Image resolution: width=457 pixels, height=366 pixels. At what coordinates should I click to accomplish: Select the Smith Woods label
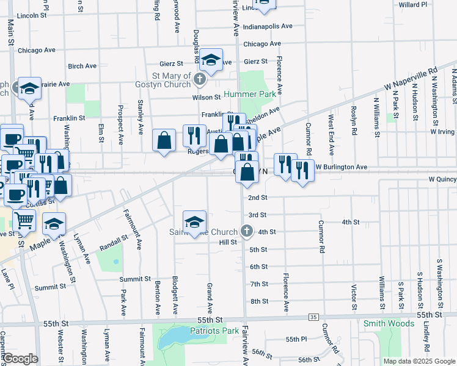coord(389,323)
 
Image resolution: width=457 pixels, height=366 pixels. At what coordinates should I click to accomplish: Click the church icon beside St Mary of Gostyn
coord(199,78)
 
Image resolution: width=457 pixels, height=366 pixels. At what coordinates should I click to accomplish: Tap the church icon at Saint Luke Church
coord(246,231)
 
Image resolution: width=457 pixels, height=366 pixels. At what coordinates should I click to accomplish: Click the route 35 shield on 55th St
coord(313,317)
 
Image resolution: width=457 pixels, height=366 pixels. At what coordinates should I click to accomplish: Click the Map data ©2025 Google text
coord(419,361)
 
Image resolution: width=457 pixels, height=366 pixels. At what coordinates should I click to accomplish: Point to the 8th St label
coord(259,301)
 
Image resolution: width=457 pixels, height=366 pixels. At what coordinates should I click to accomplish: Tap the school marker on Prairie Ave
coord(29,89)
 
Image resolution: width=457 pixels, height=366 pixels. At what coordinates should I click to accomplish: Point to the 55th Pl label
coord(294,339)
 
